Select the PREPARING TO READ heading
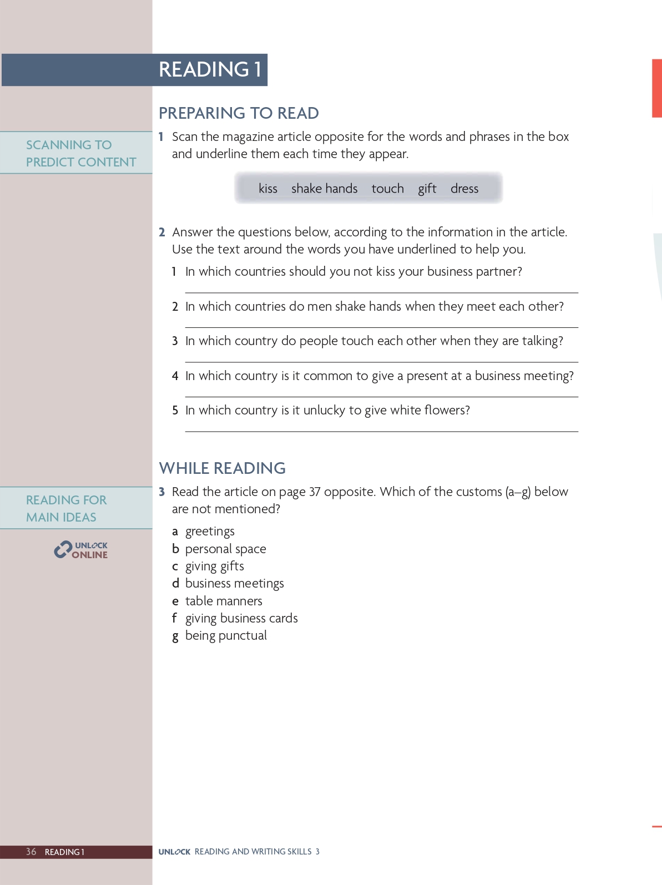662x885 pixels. (239, 113)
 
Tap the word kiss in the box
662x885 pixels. (268, 189)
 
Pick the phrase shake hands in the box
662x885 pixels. (324, 189)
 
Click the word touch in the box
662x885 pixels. (387, 189)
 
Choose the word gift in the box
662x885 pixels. (427, 189)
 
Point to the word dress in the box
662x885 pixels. (464, 189)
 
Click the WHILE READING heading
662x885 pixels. (222, 468)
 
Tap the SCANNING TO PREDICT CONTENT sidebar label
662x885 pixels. (80, 153)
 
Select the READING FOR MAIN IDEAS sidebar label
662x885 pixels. (66, 508)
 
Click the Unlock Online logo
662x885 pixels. (81, 550)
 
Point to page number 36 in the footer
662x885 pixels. (31, 852)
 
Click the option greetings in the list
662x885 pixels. (210, 532)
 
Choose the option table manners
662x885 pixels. (224, 601)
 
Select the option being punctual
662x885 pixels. (226, 636)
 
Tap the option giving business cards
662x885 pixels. (241, 618)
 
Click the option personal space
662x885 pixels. (225, 549)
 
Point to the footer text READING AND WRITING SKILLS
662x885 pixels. (253, 852)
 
